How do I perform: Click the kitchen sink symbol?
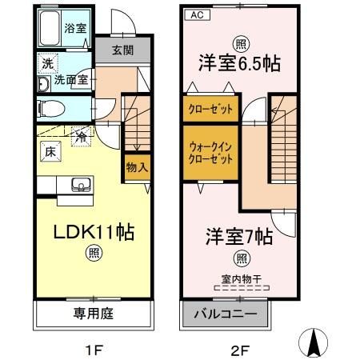[x=80, y=185]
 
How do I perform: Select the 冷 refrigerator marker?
[x=81, y=138]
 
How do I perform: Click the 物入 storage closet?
[x=136, y=167]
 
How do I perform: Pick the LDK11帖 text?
[x=93, y=234]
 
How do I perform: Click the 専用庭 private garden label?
[x=94, y=313]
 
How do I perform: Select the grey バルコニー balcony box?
[x=222, y=313]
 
